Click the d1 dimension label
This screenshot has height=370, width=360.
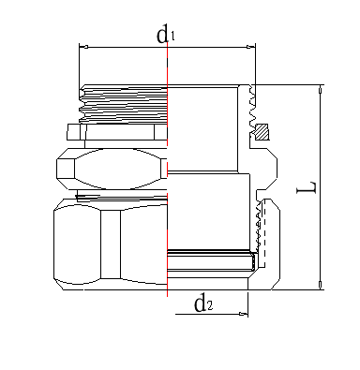pyautogui.click(x=165, y=34)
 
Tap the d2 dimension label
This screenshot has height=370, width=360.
pyautogui.click(x=203, y=303)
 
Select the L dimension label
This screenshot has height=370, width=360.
pyautogui.click(x=307, y=187)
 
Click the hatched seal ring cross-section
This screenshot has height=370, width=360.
pyautogui.click(x=262, y=132)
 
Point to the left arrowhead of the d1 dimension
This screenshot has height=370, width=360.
pyautogui.click(x=83, y=47)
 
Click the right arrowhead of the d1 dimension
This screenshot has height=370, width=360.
pyautogui.click(x=251, y=47)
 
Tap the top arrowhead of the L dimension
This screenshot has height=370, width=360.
pyautogui.click(x=320, y=90)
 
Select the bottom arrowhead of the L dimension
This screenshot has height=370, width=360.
pyautogui.click(x=320, y=285)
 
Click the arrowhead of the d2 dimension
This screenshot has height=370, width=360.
pyautogui.click(x=243, y=314)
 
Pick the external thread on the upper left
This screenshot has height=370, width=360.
pyautogui.click(x=123, y=104)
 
